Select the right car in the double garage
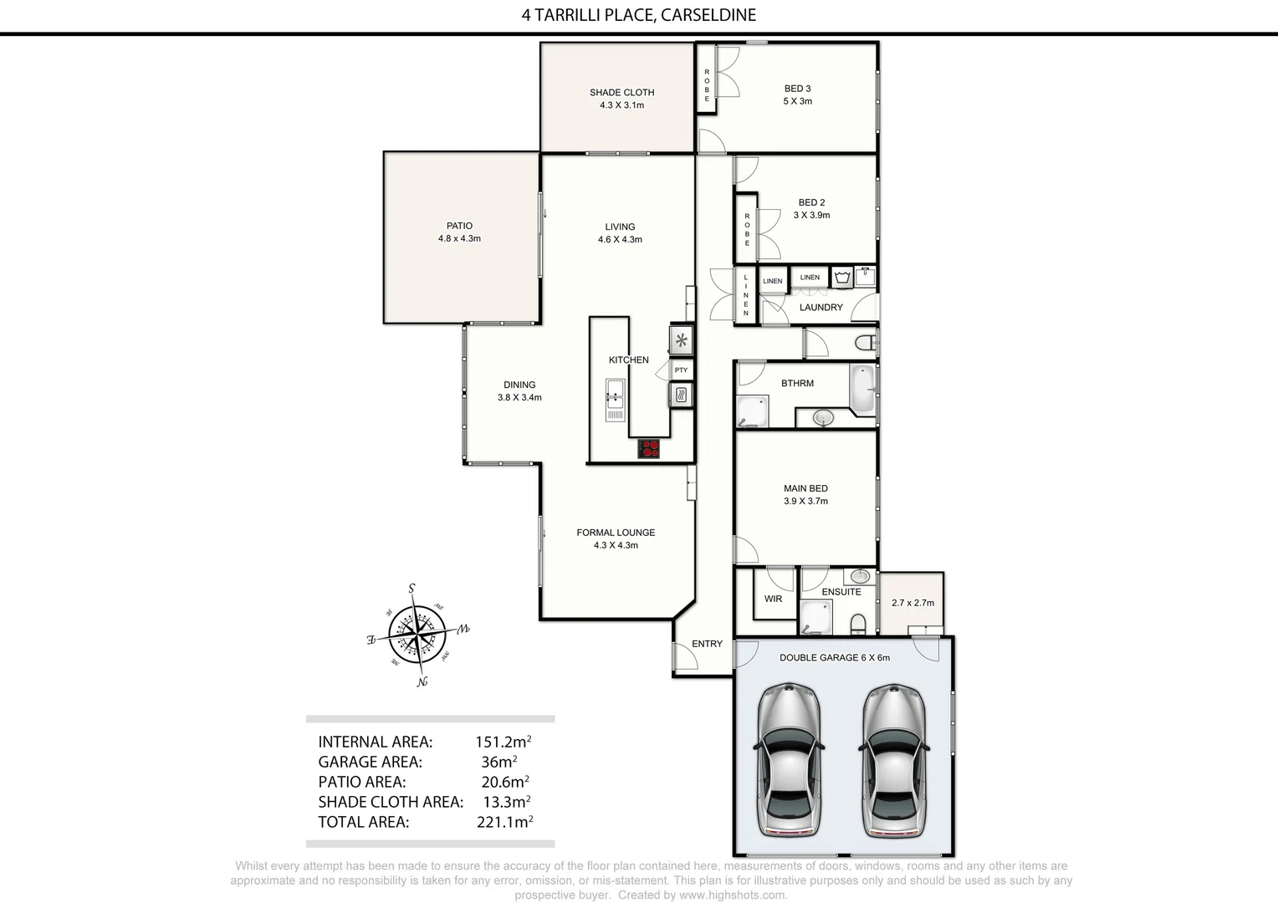(x=893, y=760)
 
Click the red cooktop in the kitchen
(x=649, y=449)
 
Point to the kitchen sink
(x=616, y=400)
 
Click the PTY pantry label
(x=681, y=370)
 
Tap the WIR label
(x=773, y=599)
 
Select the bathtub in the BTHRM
(x=862, y=389)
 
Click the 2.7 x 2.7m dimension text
(x=912, y=603)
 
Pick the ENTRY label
(x=707, y=644)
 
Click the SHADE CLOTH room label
(x=621, y=93)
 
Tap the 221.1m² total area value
(x=504, y=822)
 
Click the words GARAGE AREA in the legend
(x=370, y=762)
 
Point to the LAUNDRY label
(x=820, y=308)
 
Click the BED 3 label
(x=797, y=89)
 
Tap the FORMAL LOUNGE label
(x=616, y=533)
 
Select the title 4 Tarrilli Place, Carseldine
(x=638, y=15)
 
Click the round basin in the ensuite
(x=858, y=576)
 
